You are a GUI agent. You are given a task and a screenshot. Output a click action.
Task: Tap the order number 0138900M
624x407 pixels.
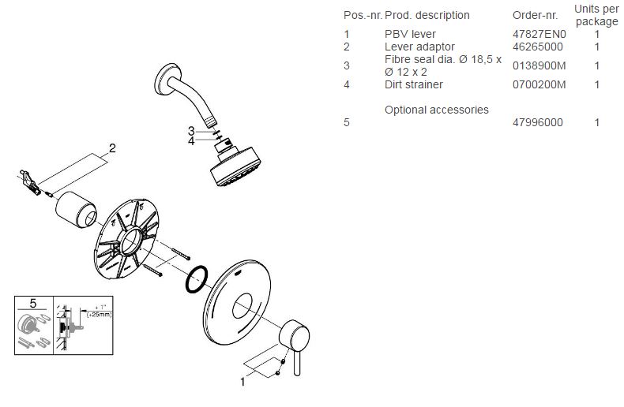(x=539, y=66)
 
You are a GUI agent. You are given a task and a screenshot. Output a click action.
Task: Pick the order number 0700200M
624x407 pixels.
(x=539, y=84)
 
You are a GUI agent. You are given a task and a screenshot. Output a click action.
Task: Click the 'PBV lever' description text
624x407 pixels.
(x=410, y=35)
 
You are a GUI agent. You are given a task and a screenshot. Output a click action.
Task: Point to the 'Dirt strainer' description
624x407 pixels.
(x=413, y=84)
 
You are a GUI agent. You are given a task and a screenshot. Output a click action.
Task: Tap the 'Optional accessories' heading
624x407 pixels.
(x=436, y=110)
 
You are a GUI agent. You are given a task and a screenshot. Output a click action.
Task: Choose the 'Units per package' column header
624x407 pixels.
(x=596, y=15)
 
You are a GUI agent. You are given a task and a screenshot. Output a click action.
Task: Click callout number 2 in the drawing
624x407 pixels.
(x=112, y=147)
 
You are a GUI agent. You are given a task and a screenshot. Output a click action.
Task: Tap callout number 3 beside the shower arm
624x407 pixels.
(x=191, y=130)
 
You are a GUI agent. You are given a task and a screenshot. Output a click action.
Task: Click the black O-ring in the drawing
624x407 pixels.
(x=196, y=279)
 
